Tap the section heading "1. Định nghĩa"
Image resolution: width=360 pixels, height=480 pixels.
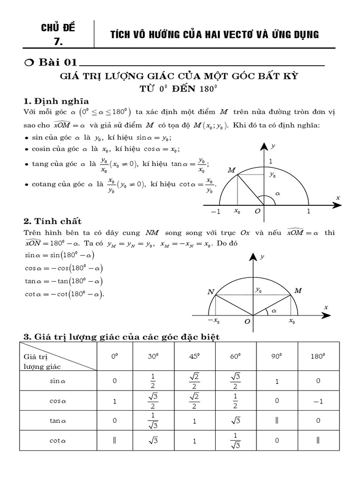(56, 101)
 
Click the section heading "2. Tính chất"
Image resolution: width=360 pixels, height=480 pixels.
(52, 221)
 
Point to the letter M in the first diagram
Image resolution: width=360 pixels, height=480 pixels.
(231, 170)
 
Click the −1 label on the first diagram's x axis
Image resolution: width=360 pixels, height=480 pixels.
(215, 211)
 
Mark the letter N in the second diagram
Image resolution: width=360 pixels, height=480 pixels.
(210, 292)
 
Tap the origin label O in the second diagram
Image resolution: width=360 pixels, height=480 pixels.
(247, 322)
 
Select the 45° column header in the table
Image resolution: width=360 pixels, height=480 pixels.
(195, 356)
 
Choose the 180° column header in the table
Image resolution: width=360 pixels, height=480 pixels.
(317, 356)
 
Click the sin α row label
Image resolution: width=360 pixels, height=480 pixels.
(58, 381)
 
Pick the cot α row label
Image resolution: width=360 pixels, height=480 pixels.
(58, 441)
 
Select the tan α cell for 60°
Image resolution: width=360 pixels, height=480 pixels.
(236, 421)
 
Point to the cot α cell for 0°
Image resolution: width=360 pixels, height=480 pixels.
(114, 441)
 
